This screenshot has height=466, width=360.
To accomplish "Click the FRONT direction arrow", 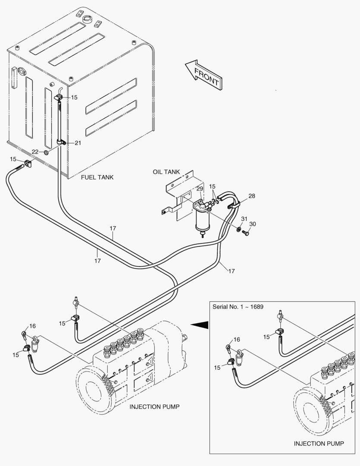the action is pos(204,75).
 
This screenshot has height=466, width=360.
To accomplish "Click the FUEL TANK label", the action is pos(97,177).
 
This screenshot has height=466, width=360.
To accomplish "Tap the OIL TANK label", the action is pos(166,172).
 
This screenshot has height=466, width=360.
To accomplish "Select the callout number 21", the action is pos(78,143).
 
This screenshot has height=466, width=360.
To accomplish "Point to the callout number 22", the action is pos(35,152).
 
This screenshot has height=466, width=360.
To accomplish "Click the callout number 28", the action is pos(252,196).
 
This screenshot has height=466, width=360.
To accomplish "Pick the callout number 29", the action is pos(200,189).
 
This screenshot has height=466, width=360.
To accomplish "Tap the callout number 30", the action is pos(253,224).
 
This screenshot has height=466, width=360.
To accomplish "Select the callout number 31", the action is pos(244,219).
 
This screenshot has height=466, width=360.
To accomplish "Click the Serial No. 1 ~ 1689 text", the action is pos(238,307).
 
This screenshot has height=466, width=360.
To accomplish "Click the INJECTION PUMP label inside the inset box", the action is pos(319,444).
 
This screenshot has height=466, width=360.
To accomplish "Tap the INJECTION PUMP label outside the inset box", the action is pos(154,406).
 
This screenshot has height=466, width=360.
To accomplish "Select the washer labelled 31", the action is pos(239,230).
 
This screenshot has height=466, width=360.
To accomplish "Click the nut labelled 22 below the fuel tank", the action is pos(46,153).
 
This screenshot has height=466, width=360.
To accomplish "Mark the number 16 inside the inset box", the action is pos(237,340).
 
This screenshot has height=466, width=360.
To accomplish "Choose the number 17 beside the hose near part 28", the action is pos(232,271).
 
